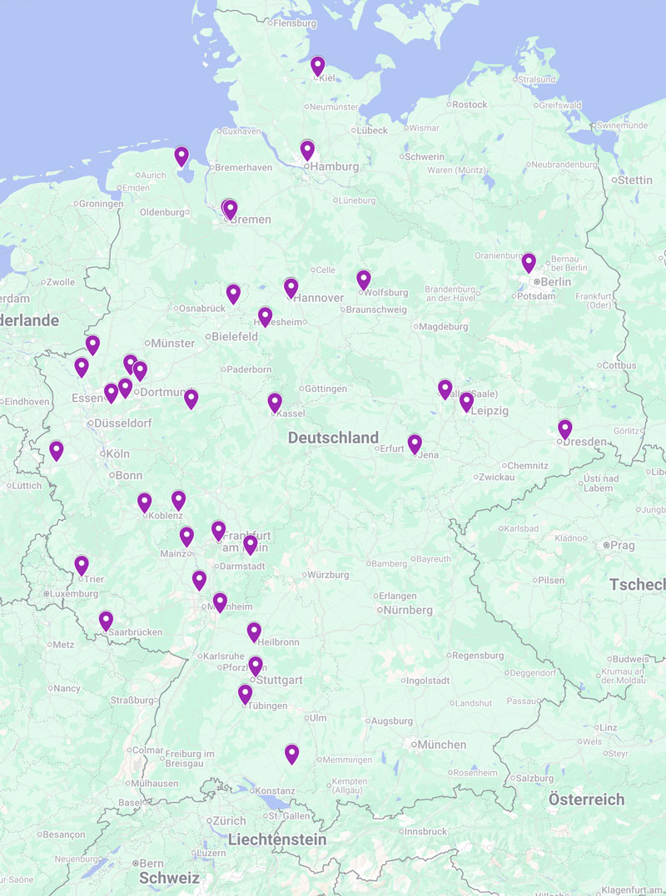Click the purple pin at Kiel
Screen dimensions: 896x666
[318, 66]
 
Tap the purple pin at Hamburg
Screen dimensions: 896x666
[307, 150]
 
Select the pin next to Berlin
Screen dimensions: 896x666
[529, 263]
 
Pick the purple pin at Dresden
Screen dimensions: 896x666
[565, 429]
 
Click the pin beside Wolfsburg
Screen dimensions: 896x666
[364, 280]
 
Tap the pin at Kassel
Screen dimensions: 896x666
[275, 403]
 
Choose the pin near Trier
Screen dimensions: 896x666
[82, 566]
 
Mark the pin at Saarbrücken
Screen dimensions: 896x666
[106, 621]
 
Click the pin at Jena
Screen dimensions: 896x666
[415, 443]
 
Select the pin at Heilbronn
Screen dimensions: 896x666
[254, 632]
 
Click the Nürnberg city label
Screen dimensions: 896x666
[408, 610]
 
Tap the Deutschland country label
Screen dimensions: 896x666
[333, 438]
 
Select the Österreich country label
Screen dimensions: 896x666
[586, 799]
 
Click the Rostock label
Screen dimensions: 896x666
[470, 105]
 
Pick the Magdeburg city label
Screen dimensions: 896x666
[444, 327]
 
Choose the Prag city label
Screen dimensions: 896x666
[622, 546]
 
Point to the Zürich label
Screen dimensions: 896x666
[229, 821]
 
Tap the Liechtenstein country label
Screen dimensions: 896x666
[277, 840]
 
